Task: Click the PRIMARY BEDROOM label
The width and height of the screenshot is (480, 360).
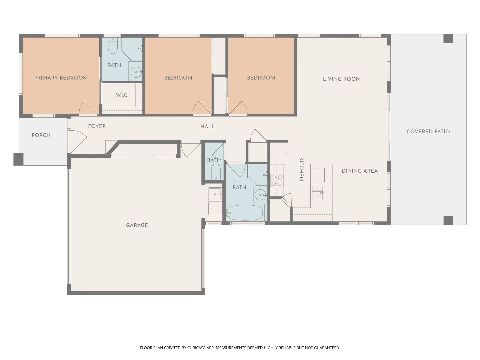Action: click(61, 78)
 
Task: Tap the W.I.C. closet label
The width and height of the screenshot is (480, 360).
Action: click(122, 95)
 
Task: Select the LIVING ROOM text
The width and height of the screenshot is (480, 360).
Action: click(342, 79)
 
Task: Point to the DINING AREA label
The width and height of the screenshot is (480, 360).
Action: click(359, 171)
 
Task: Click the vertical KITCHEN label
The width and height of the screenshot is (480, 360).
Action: click(301, 169)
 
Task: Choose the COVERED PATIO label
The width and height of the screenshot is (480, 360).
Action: click(428, 131)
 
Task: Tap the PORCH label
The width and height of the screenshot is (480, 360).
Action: click(41, 135)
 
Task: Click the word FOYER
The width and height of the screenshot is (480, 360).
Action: click(97, 126)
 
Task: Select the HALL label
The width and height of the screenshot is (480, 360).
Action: click(207, 126)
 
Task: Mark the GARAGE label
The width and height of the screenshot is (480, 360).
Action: click(137, 225)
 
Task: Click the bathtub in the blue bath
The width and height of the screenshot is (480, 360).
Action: click(245, 213)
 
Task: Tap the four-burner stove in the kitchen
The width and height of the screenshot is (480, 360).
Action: click(277, 180)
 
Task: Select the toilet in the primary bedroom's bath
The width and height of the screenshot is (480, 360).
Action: click(113, 47)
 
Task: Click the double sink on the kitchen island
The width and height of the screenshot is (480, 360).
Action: click(317, 193)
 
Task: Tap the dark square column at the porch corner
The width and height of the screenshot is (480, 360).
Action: click(18, 159)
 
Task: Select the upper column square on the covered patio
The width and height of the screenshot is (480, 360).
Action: click(448, 38)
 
